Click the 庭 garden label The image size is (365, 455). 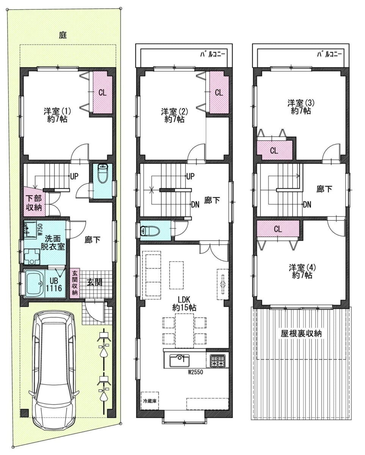[63, 35]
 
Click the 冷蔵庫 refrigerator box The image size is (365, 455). [150, 401]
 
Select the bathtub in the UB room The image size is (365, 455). [35, 284]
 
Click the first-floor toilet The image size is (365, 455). [102, 173]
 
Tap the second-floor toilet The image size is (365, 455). [149, 230]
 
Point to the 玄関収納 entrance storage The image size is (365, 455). [75, 283]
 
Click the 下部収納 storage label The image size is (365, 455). [34, 203]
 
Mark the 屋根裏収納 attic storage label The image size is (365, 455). [301, 334]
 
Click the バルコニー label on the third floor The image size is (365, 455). [329, 54]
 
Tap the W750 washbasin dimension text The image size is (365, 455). [41, 230]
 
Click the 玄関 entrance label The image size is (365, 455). [94, 282]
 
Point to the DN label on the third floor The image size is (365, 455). [307, 204]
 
